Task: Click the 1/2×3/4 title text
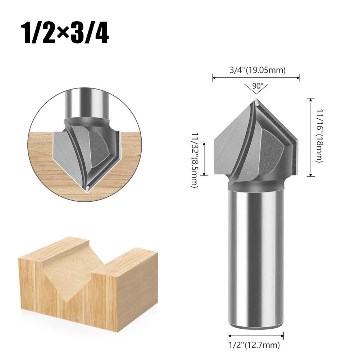[x=65, y=33]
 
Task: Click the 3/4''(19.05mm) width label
[x=258, y=69]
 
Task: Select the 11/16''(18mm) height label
[x=320, y=136]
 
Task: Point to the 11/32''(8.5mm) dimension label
[x=195, y=160]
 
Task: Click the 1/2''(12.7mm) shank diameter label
[x=254, y=345]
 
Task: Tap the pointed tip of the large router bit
[x=256, y=99]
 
